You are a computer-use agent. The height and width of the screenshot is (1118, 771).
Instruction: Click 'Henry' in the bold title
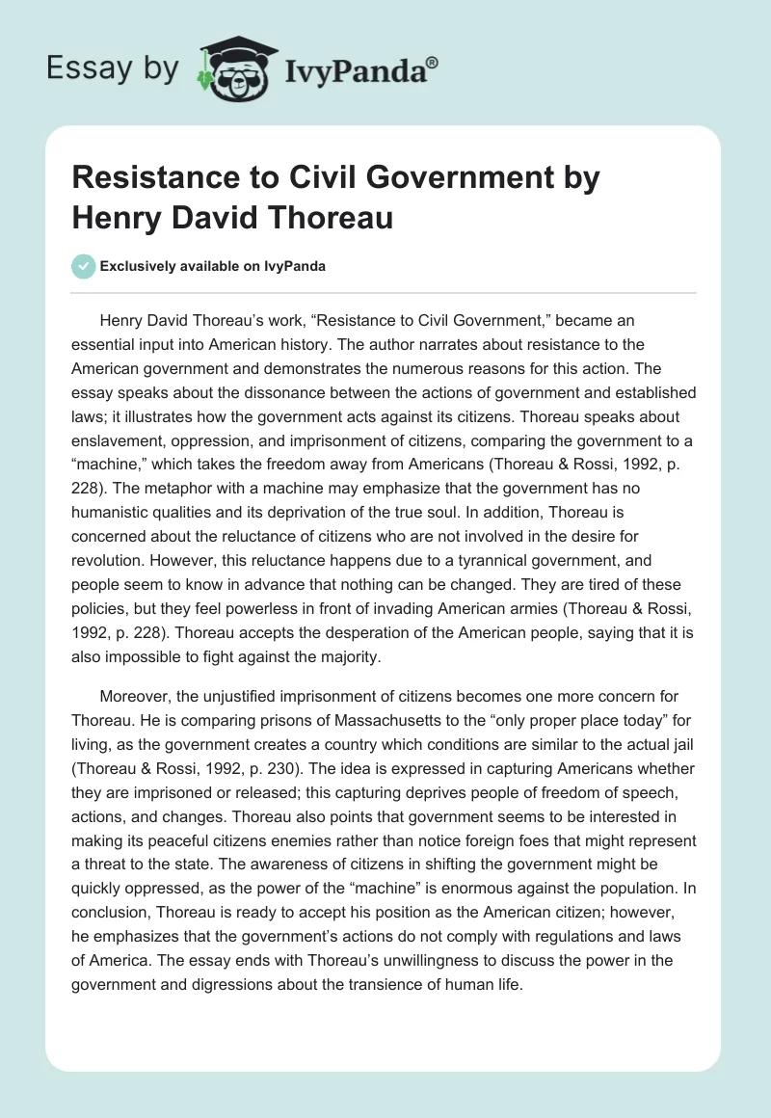(x=117, y=217)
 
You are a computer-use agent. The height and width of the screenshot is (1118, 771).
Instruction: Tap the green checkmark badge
(x=84, y=266)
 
